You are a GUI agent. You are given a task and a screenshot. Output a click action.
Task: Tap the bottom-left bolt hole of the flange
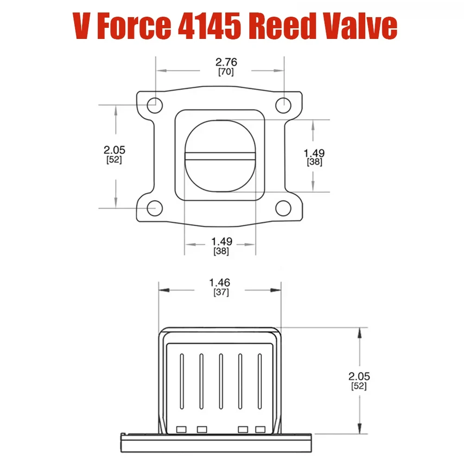[154, 209]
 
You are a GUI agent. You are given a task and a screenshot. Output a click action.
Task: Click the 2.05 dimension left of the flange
[114, 150]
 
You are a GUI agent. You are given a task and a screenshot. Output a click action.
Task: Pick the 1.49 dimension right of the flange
[314, 153]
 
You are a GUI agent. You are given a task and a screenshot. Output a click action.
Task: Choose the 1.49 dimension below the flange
[221, 242]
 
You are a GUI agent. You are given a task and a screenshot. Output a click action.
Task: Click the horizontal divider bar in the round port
[220, 156]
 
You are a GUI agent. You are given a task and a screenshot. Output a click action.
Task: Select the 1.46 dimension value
[220, 282]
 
